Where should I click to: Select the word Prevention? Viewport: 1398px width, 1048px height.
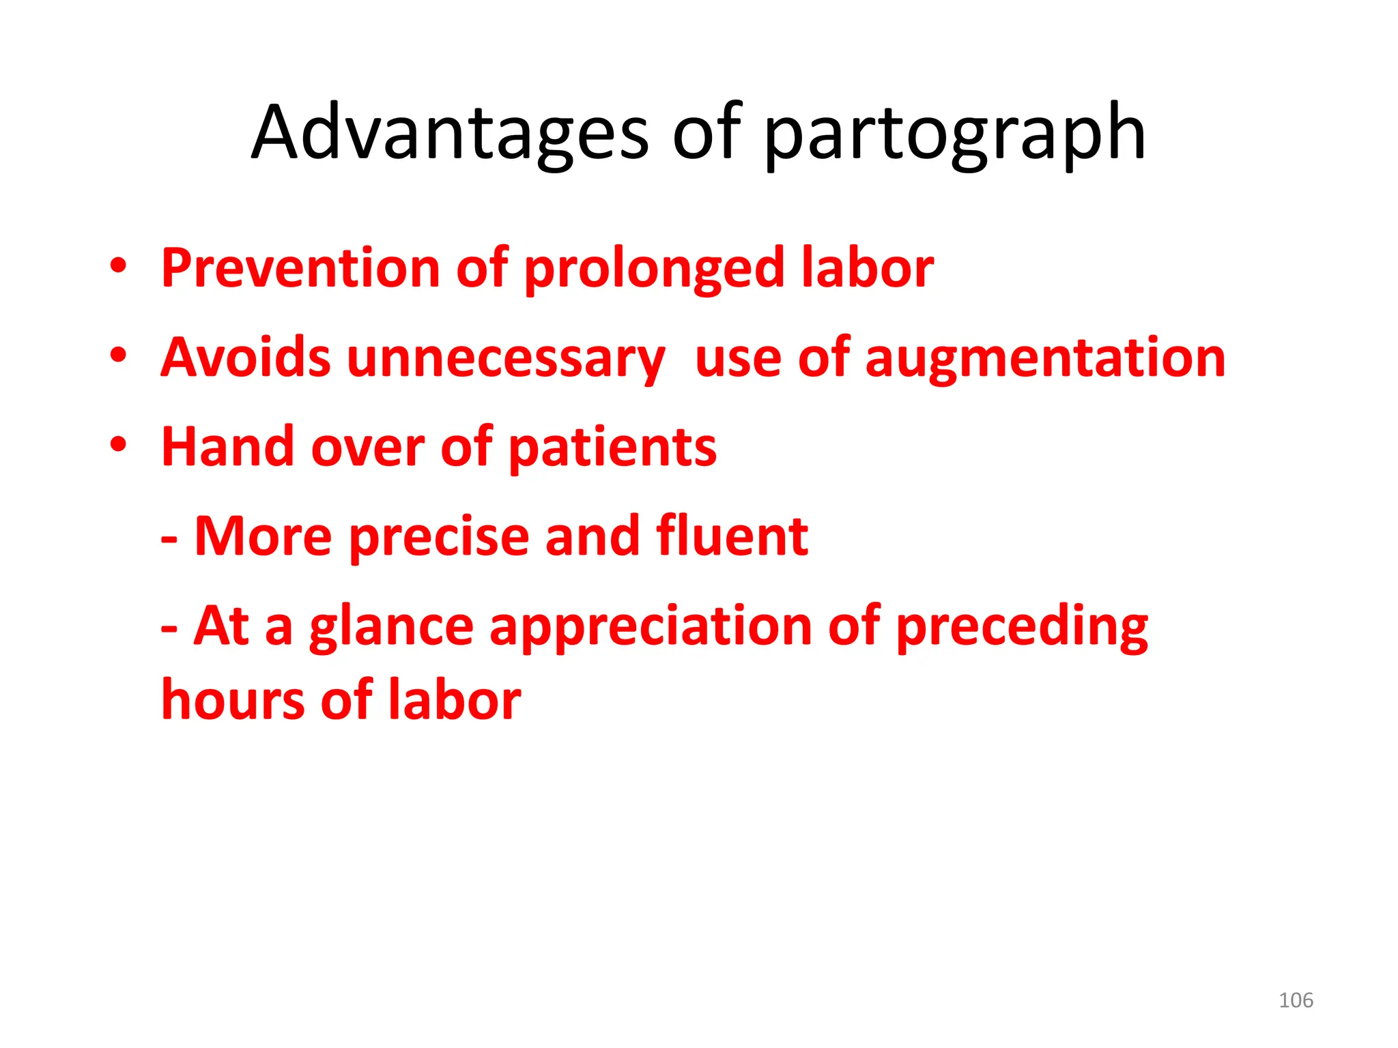[x=301, y=267]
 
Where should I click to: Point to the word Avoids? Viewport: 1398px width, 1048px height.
[x=246, y=358]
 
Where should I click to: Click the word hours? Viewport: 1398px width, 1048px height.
[x=233, y=700]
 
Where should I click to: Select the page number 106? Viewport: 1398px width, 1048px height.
[x=1296, y=1000]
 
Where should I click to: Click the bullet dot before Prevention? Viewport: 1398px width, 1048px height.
[x=118, y=266]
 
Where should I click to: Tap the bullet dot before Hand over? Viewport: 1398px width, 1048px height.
[x=118, y=445]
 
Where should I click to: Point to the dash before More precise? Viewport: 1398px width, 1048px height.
[x=169, y=539]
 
